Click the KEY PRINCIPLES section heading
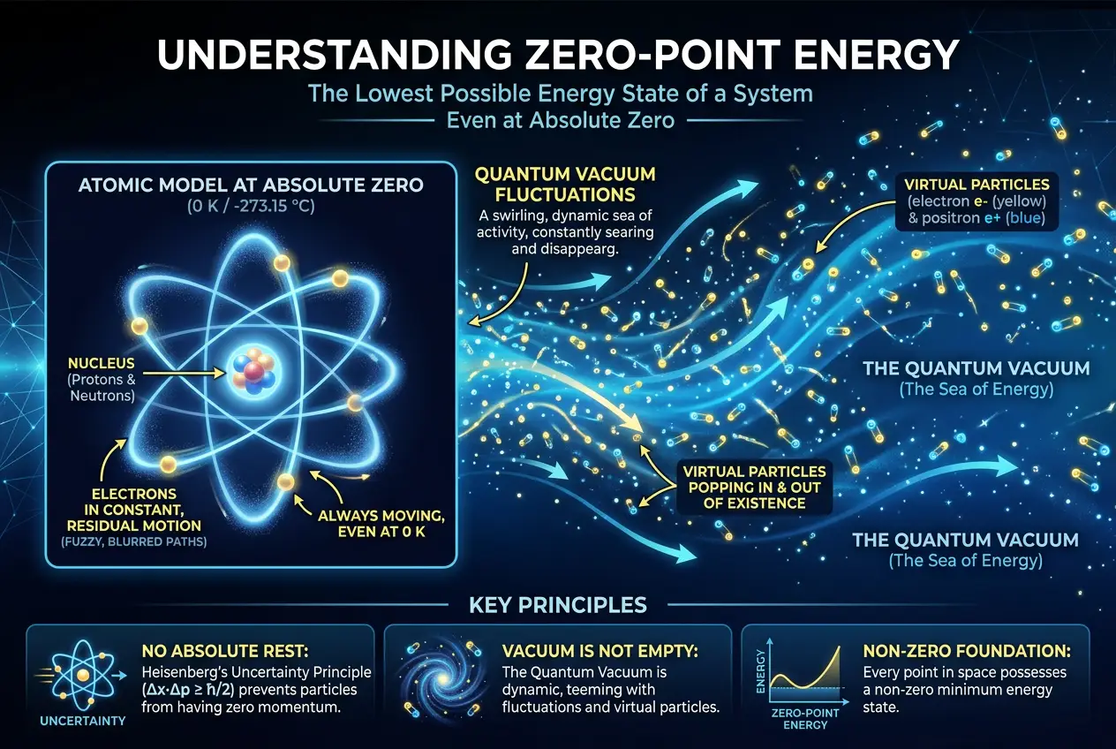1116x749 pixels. click(557, 605)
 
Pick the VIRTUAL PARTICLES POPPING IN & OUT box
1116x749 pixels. click(752, 487)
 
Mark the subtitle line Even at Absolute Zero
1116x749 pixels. click(558, 120)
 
